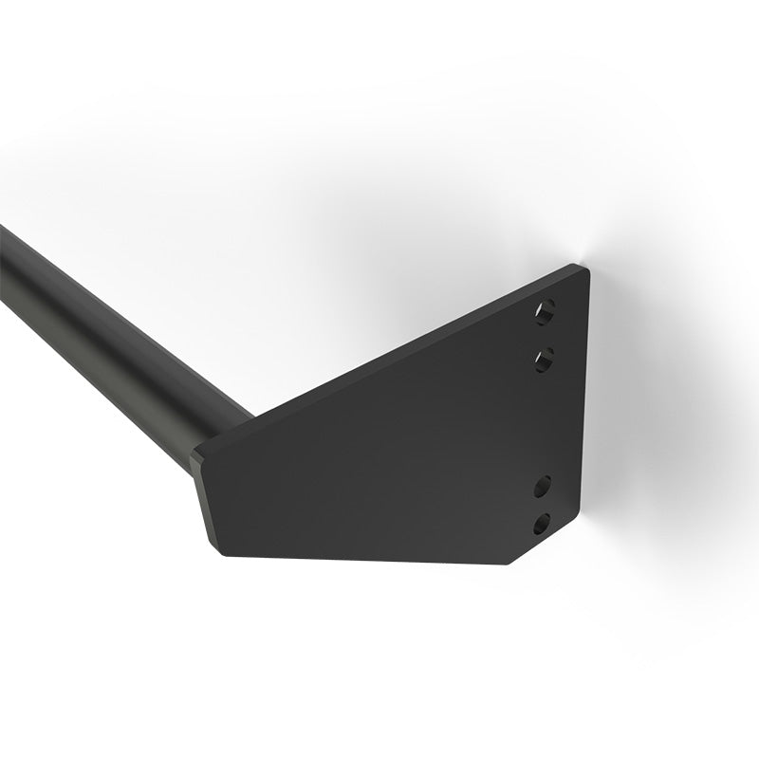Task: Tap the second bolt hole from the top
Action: click(545, 359)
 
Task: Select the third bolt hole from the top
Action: click(544, 488)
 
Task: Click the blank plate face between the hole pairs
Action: click(546, 422)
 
